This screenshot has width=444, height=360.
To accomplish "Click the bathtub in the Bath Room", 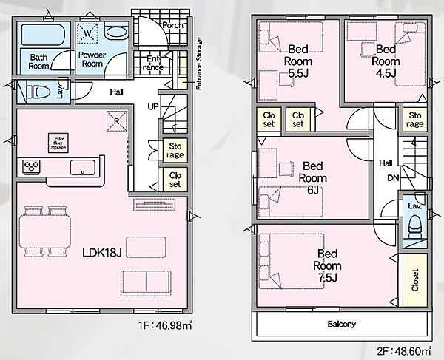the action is click(43, 35).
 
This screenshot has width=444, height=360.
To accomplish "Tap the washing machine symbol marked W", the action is click(88, 33).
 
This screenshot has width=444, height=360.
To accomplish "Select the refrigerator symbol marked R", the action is click(117, 121).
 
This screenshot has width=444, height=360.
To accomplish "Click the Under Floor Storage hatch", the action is click(58, 143).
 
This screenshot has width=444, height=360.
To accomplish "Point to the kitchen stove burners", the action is click(31, 167).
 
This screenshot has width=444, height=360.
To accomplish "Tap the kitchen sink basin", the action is click(82, 167).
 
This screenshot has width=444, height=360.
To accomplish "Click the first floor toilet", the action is click(38, 92).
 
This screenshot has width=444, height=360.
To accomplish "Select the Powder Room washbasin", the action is click(116, 32).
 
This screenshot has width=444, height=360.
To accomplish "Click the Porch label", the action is click(172, 25).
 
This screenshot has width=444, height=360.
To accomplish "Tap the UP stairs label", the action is click(153, 106).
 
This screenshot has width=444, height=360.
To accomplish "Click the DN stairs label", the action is click(393, 178).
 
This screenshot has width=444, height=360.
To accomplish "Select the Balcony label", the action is click(341, 324).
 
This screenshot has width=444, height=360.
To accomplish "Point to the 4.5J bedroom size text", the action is click(386, 73).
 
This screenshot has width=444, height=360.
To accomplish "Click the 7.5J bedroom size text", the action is click(327, 278).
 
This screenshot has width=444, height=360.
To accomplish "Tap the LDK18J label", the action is click(102, 253).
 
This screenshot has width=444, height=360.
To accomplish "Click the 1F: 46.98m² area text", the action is click(165, 325).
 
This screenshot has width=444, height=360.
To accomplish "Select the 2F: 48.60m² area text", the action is click(404, 351).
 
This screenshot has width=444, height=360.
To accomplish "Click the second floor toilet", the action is click(415, 225).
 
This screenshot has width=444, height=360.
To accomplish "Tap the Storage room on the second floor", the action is click(415, 119).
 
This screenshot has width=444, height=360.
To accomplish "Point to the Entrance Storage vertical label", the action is click(199, 64).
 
